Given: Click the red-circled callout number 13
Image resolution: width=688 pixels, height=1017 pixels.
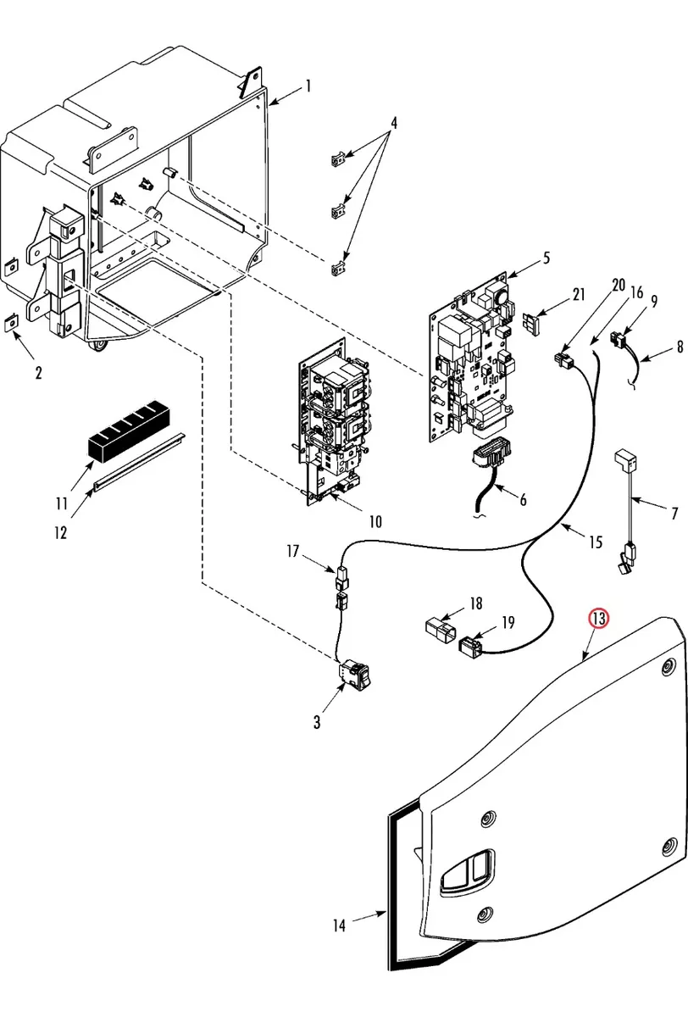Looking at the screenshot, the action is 598,619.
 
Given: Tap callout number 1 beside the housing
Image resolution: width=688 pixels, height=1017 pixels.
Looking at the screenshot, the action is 308,86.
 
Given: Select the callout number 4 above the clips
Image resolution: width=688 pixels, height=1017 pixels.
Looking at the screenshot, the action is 393,123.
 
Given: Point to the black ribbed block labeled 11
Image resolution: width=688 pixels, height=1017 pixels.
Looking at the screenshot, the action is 129,431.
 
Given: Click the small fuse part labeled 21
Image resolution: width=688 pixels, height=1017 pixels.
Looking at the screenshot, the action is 532,323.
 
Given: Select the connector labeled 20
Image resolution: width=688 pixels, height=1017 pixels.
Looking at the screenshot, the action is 563,358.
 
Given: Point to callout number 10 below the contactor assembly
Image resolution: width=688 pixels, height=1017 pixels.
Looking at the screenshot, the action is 375,522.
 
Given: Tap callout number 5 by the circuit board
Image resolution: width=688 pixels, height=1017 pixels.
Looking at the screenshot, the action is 547,258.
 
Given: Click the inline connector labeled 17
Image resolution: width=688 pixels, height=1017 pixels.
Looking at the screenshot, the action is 342,575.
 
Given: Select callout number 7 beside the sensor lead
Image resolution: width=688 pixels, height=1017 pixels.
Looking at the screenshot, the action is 674,514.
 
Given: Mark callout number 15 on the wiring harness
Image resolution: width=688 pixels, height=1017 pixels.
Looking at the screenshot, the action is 596,542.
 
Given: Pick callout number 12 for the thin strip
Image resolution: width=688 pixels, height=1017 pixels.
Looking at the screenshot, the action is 61,533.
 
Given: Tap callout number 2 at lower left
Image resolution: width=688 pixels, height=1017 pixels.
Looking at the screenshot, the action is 39,373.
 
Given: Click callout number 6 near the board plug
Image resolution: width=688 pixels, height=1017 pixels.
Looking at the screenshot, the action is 524,500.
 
